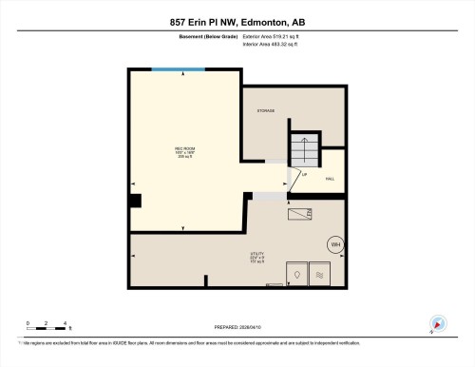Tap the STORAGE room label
(265, 111)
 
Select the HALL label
(330, 178)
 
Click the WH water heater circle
(334, 244)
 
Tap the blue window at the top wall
(178, 68)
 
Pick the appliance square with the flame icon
(296, 273)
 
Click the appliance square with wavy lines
(320, 273)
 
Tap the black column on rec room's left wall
(136, 200)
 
